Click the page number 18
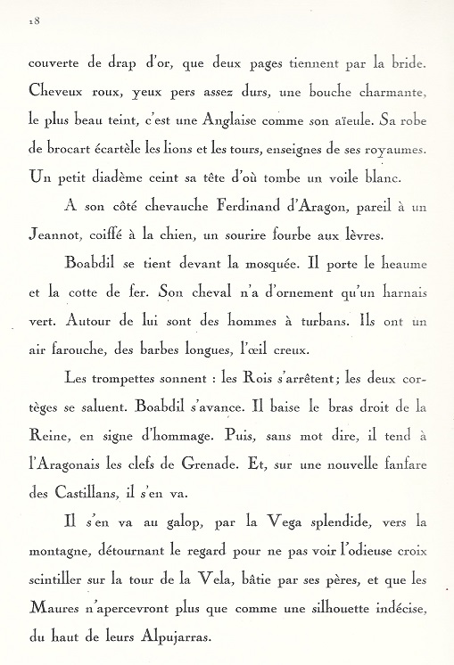pos(34,21)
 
